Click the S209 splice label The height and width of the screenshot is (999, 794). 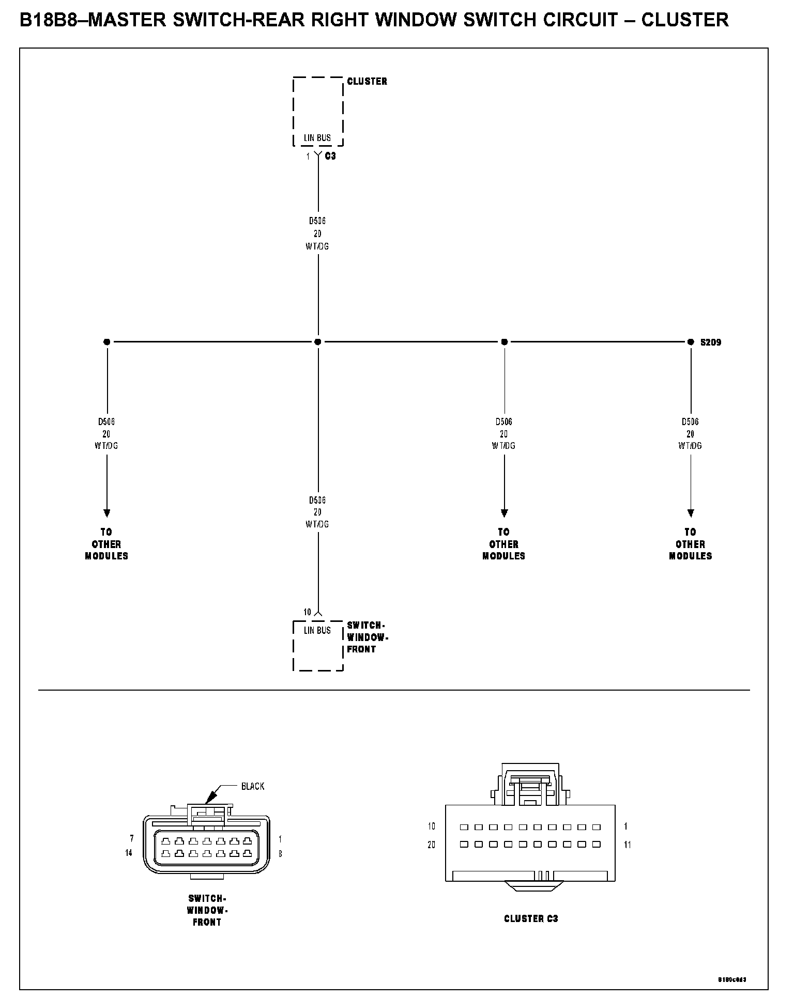point(711,342)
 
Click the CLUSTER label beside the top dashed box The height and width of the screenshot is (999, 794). point(367,81)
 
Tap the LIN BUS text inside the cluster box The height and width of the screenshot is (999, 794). point(317,138)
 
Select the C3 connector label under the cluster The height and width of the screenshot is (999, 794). point(330,156)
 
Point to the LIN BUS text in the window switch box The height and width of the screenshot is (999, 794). point(317,630)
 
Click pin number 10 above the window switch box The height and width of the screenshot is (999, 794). point(307,612)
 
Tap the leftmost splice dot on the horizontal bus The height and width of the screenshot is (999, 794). point(107,342)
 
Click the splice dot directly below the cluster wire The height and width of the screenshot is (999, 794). point(318,342)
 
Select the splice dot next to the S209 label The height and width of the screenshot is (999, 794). point(691,342)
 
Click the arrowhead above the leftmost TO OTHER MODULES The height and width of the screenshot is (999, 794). point(107,513)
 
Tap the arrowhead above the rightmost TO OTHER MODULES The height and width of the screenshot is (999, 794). point(691,513)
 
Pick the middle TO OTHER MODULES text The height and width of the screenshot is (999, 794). point(504,544)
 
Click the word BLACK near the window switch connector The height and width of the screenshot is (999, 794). point(253,786)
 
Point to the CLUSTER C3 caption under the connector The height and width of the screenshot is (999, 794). point(531,918)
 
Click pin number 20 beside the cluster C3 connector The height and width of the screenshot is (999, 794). point(432,845)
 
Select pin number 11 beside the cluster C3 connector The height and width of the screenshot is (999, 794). point(628,845)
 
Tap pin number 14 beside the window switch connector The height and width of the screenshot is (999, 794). point(129,853)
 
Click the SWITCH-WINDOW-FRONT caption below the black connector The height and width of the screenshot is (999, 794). point(207,910)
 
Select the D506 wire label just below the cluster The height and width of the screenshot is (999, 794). point(317,221)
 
